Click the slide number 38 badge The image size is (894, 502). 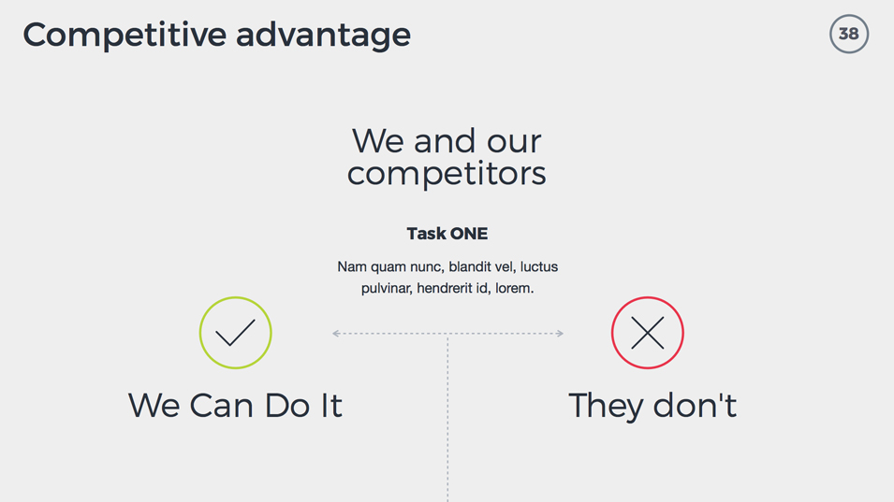849,35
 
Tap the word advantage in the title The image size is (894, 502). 323,36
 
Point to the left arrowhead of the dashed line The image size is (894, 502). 335,334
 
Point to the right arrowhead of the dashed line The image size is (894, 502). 561,334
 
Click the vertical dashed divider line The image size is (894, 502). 447,419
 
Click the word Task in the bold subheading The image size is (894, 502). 426,234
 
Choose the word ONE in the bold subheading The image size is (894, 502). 469,234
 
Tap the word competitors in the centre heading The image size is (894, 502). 447,174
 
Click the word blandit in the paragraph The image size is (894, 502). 470,266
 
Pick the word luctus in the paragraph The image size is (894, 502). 539,266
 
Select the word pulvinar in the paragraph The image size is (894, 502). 387,289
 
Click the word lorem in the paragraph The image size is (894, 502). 514,288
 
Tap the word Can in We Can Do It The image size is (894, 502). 221,405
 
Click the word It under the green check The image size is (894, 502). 331,405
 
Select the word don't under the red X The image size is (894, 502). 695,405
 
